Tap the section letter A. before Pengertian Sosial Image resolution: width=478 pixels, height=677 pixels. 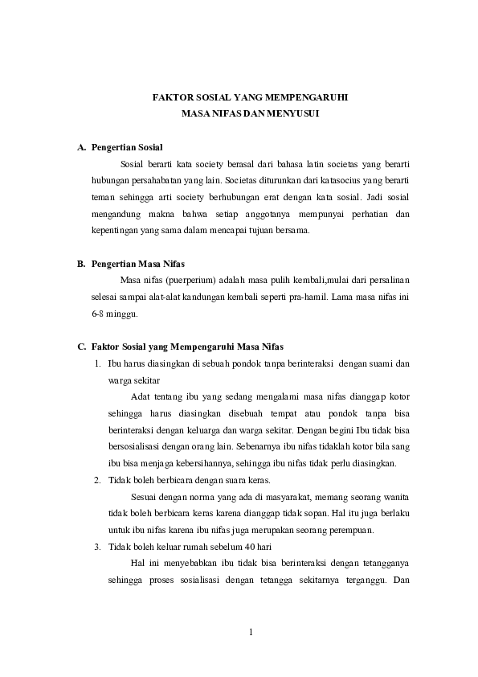click(x=81, y=148)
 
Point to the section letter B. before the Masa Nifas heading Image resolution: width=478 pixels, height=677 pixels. click(x=81, y=264)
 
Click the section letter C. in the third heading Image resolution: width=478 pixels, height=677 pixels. click(x=81, y=347)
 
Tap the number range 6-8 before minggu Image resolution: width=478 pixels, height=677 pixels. click(x=102, y=314)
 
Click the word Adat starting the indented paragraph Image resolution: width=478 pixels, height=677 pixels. click(x=139, y=396)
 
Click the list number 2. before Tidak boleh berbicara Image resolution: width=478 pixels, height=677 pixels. click(x=97, y=480)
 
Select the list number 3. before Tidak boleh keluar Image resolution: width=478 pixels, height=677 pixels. click(x=97, y=547)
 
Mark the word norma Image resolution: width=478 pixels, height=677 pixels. click(x=216, y=497)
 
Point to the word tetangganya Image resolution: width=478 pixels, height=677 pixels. click(x=383, y=564)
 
